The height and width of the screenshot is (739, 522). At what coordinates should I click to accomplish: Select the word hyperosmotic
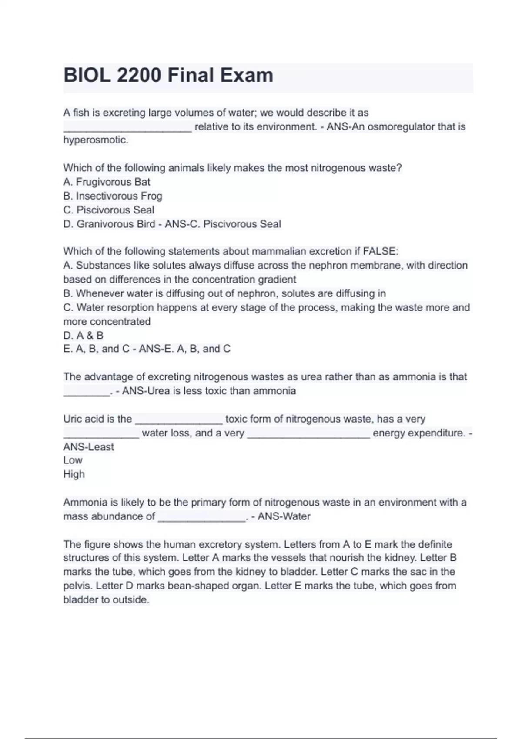95,140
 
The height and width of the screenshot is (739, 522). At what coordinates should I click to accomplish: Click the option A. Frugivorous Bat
107,182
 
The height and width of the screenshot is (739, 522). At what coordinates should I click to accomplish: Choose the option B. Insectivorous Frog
113,196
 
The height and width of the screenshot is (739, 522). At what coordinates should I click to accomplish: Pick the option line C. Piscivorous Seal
109,210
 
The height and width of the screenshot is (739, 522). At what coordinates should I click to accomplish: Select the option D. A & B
83,335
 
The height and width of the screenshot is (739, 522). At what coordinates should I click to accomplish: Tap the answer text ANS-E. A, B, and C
184,349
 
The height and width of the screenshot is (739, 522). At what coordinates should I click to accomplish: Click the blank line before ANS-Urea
87,393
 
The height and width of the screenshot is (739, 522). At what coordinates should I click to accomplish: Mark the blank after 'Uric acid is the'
179,421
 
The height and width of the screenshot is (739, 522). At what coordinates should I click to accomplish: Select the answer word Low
73,460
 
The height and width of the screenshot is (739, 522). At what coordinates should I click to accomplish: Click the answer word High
74,474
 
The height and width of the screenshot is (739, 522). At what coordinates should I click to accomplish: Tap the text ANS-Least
88,447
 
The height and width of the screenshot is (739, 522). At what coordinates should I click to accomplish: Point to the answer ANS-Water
284,516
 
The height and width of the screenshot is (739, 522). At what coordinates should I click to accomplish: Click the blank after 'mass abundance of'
202,518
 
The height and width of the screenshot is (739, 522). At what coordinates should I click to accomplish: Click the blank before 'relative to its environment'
127,129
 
